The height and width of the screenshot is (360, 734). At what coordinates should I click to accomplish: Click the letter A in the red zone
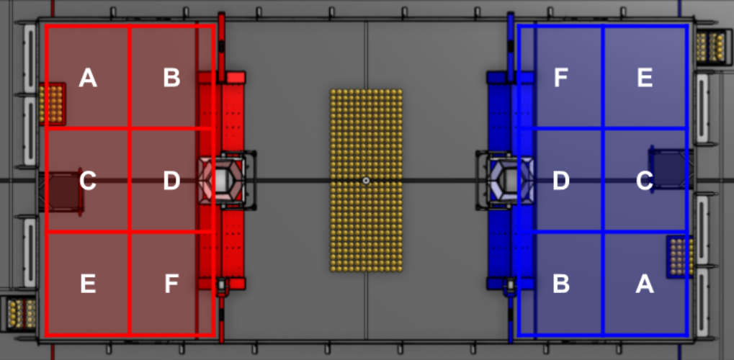click(88, 78)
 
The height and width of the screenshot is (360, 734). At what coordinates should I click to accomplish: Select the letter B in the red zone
click(172, 78)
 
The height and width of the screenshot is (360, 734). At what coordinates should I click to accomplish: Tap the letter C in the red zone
click(88, 181)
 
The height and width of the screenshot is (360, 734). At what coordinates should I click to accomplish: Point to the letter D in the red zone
click(172, 181)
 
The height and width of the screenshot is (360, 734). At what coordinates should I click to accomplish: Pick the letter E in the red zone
click(88, 284)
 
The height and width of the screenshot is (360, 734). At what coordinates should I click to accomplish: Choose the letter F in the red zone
click(172, 284)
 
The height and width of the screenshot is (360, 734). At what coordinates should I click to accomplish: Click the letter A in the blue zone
click(645, 284)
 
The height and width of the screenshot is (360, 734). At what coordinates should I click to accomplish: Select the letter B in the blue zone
click(561, 284)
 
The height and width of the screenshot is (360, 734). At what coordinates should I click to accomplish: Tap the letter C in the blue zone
click(645, 181)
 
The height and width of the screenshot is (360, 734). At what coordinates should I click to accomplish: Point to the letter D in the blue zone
click(561, 181)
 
